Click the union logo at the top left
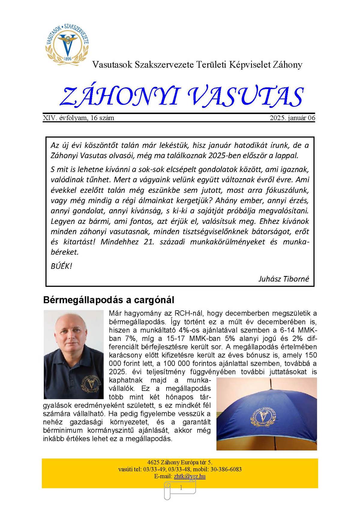point(67,44)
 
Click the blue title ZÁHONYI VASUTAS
point(181,97)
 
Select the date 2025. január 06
point(292,118)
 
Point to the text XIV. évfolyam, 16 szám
point(79,118)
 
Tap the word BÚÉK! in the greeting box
point(61,266)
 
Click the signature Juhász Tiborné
point(283,279)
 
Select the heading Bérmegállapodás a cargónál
point(109,300)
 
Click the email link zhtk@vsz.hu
point(190,476)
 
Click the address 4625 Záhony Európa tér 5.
point(180,462)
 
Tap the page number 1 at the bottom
point(181,488)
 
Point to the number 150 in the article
point(311,355)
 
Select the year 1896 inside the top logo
point(68,59)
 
